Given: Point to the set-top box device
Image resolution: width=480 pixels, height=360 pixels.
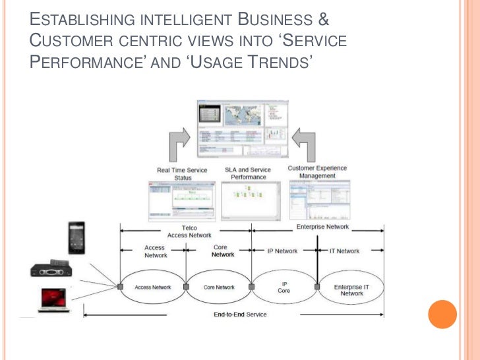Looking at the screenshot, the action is pyautogui.click(x=51, y=269).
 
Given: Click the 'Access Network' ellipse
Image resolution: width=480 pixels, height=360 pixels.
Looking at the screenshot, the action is pyautogui.click(x=153, y=287).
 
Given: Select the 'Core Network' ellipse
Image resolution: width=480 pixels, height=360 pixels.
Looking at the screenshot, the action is pyautogui.click(x=219, y=287).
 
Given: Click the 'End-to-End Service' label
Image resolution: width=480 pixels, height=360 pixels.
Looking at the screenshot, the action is pyautogui.click(x=240, y=315).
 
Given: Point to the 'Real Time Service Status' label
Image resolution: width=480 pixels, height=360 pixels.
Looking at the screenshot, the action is pyautogui.click(x=182, y=173).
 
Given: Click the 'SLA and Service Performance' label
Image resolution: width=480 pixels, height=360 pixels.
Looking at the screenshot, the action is pyautogui.click(x=249, y=173).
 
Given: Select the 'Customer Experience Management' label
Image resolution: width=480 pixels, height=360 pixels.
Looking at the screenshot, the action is pyautogui.click(x=318, y=172).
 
